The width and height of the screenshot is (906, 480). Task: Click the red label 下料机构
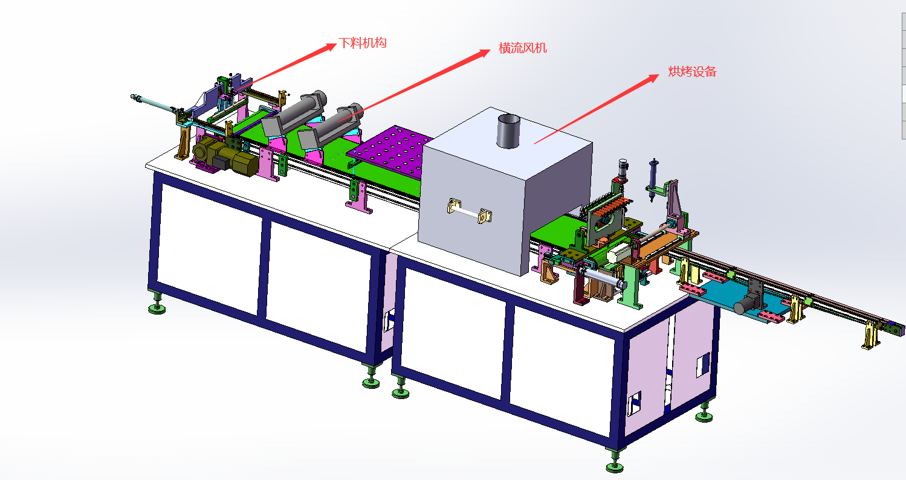[363, 43]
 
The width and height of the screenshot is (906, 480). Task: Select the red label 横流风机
[523, 48]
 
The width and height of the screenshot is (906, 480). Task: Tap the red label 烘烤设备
[692, 71]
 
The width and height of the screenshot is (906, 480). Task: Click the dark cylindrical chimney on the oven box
[508, 131]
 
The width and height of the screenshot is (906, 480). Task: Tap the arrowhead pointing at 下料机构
[328, 47]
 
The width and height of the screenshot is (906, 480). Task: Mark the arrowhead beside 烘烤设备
[651, 78]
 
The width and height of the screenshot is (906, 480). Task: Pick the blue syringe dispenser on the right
[652, 180]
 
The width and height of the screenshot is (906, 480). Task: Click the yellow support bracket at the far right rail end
[870, 334]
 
